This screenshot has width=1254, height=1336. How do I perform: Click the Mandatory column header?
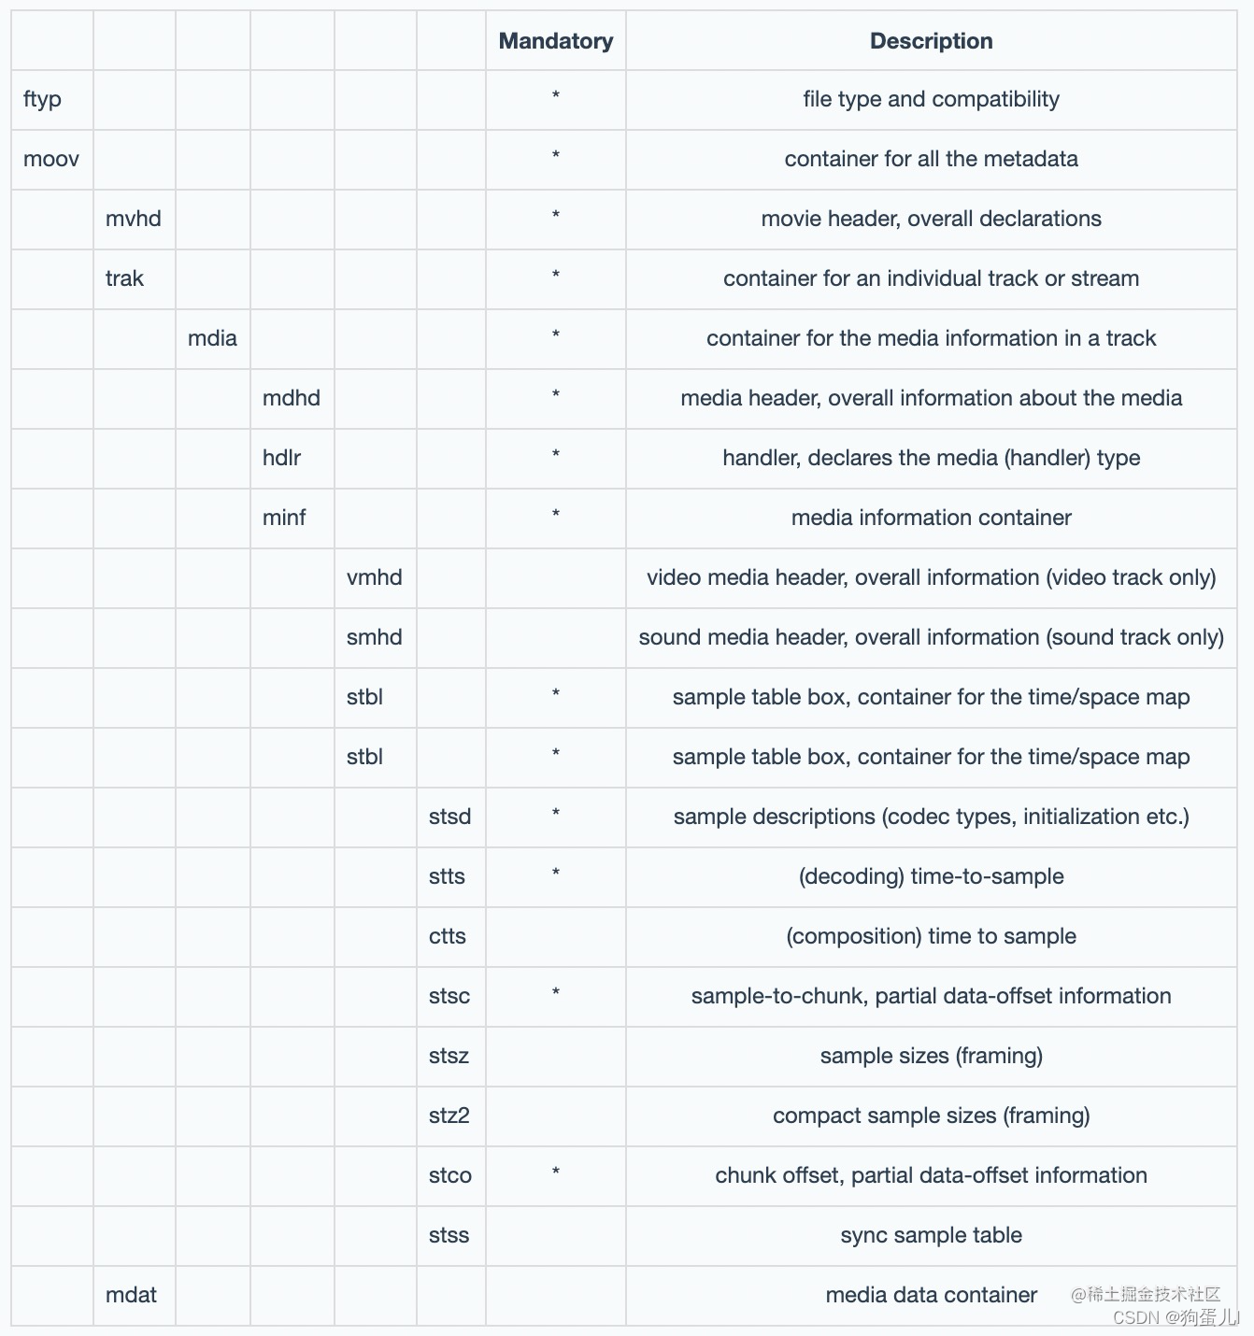click(x=555, y=41)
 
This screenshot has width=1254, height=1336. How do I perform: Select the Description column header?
click(x=931, y=41)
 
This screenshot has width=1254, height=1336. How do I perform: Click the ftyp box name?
click(x=43, y=99)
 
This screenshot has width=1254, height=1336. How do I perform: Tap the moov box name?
click(x=51, y=159)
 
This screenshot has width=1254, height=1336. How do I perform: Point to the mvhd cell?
click(x=134, y=219)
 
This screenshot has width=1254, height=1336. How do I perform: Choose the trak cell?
click(x=125, y=278)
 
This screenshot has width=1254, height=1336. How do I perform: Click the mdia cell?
click(x=212, y=338)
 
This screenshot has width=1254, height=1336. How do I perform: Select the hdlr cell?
click(x=281, y=458)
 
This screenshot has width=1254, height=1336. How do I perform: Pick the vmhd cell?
click(x=374, y=577)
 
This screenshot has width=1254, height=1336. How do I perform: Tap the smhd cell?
click(x=374, y=637)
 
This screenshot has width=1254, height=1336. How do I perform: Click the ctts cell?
click(x=448, y=936)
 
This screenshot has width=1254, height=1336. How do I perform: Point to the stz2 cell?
click(x=449, y=1116)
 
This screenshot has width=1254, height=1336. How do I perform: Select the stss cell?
click(x=449, y=1235)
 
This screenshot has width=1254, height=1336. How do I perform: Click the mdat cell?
click(x=132, y=1295)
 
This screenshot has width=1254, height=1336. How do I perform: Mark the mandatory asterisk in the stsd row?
click(x=556, y=814)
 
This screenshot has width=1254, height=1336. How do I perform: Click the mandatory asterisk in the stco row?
click(x=556, y=1173)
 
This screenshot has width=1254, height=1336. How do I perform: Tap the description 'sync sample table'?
click(x=931, y=1235)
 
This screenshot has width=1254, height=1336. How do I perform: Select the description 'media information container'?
click(x=931, y=518)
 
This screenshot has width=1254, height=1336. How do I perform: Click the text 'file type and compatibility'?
click(x=931, y=99)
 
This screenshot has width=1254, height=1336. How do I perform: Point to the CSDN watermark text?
click(x=1176, y=1317)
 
